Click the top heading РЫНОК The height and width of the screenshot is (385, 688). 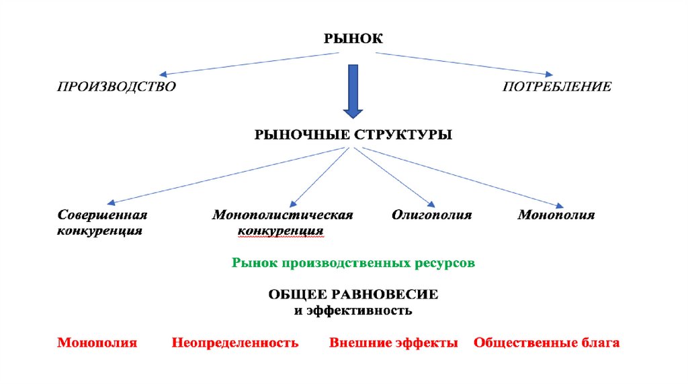pos(353,39)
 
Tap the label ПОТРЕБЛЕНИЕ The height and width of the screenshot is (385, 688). pos(557,87)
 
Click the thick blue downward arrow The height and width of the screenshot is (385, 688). pos(352,91)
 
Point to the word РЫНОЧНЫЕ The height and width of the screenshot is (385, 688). pos(298,135)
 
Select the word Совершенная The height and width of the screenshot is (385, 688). pos(102,215)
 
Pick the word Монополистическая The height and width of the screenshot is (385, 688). pos(283,215)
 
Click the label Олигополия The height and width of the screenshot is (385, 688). pos(432,215)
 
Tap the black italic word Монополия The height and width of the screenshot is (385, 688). pos(556,215)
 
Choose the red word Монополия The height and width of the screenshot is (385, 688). pos(97,343)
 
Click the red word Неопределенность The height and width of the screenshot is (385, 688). pos(234,343)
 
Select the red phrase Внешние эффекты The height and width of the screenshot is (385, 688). pos(394,343)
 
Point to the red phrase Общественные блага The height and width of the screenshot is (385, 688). pos(546,343)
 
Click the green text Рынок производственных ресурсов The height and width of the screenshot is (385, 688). pos(353,264)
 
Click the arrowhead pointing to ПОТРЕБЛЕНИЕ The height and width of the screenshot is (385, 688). pos(550,74)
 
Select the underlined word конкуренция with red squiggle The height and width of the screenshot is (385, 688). pos(281,231)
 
